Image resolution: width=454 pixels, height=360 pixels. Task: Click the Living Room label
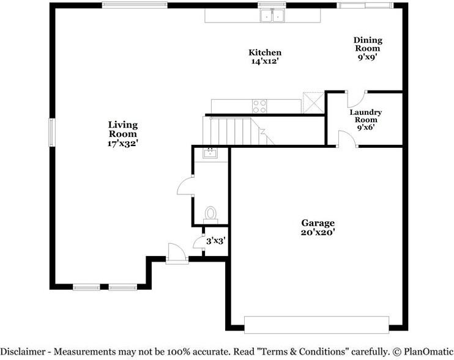coord(123,134)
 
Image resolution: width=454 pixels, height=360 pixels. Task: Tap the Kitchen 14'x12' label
coord(265,57)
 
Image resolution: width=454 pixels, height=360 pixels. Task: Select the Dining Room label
coord(368,48)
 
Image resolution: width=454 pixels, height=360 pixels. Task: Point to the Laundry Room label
coord(366,120)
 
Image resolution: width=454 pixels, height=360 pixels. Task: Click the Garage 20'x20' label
coord(318,227)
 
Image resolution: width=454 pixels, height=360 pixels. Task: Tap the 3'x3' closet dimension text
coord(216,241)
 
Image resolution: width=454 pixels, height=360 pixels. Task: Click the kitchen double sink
coord(272,15)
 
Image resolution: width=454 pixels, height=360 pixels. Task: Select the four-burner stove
coord(259,106)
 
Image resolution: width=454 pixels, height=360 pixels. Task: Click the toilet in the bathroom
coord(210,215)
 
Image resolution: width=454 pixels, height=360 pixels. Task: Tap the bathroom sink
coord(210,153)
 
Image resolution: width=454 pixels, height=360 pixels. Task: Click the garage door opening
coord(316,325)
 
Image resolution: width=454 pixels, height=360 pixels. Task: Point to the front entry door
coord(177,254)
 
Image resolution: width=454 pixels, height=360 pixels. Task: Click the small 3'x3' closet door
coord(199,241)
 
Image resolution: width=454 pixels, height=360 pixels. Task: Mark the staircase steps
coord(238,131)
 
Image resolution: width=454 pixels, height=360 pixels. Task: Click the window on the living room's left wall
coord(52,133)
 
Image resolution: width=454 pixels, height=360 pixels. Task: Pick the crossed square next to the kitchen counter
coord(313,103)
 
